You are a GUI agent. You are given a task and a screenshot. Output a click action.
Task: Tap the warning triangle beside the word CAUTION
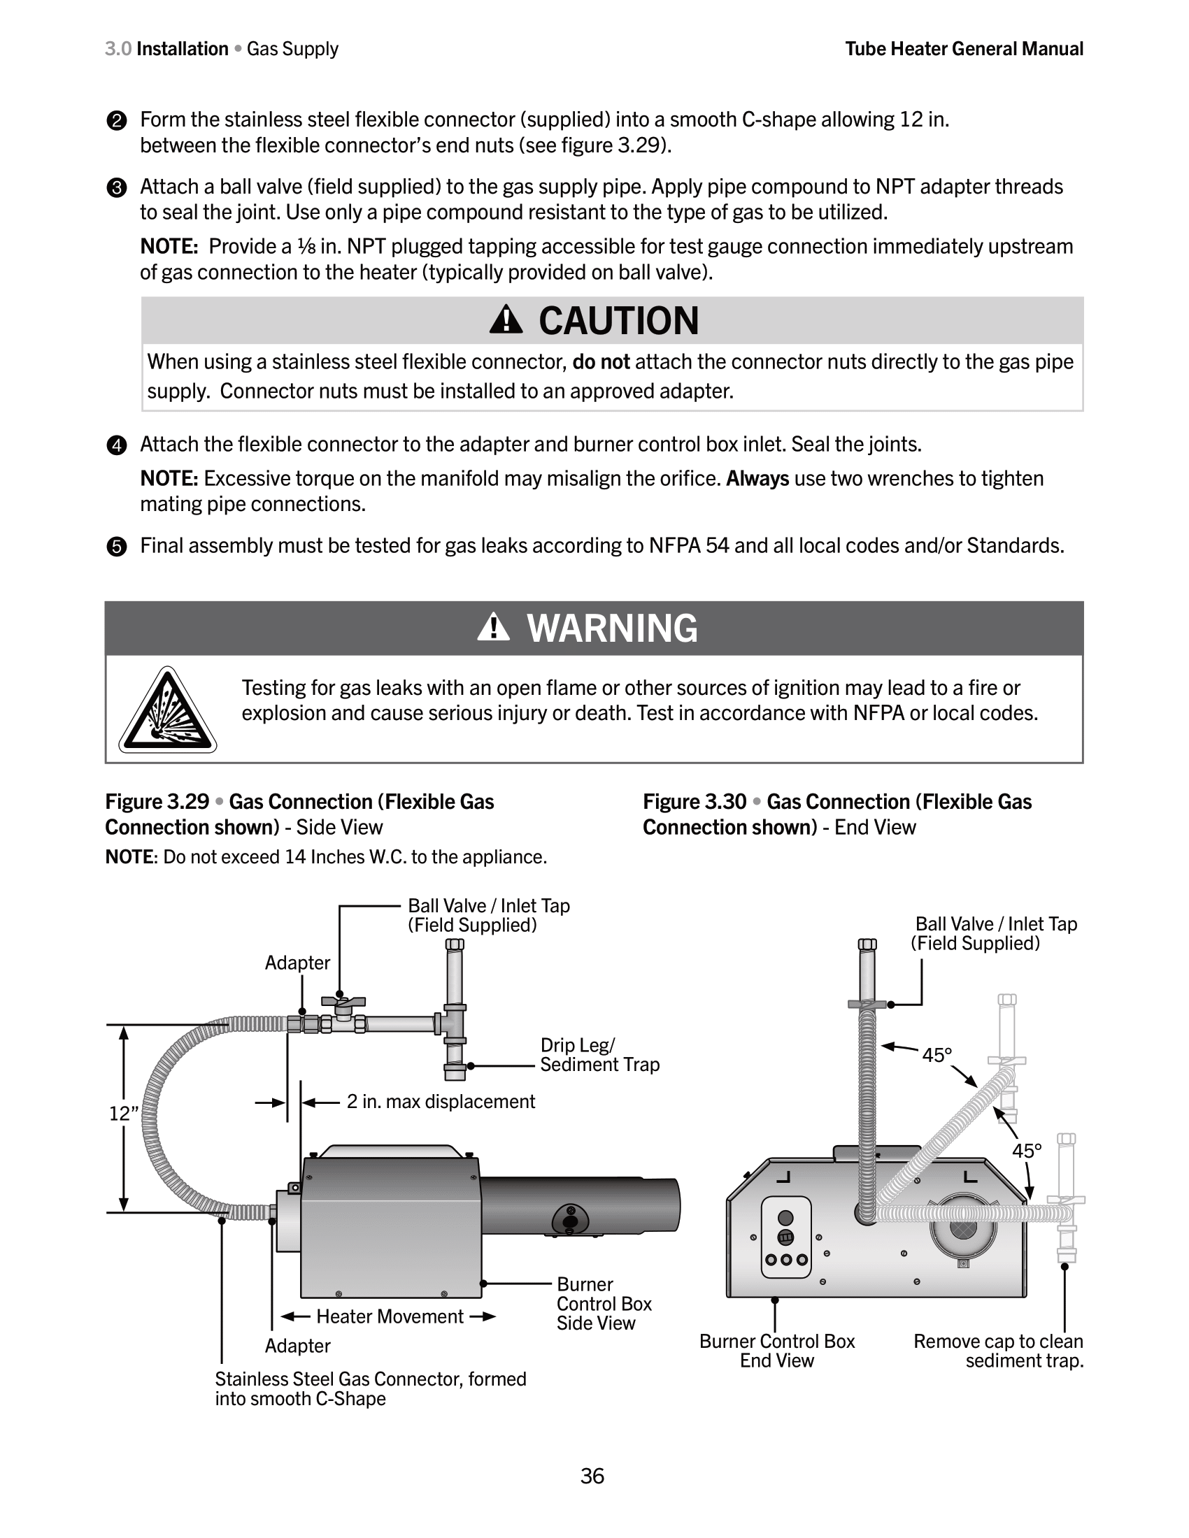(x=506, y=320)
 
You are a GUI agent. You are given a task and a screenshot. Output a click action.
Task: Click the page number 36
(x=592, y=1475)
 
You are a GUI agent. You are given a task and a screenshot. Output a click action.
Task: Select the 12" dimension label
(x=124, y=1114)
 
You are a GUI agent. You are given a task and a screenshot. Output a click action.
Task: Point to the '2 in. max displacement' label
(x=440, y=1101)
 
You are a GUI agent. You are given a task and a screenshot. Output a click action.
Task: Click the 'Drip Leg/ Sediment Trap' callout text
(x=599, y=1054)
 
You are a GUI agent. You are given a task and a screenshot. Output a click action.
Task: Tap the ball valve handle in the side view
(x=343, y=1002)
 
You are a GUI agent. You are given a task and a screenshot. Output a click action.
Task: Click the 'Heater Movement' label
(x=390, y=1316)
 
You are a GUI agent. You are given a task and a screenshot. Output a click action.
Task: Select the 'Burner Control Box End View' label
(x=777, y=1351)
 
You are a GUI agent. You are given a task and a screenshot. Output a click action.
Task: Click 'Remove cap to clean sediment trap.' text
(x=998, y=1351)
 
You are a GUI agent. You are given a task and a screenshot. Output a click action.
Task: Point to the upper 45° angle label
(x=937, y=1055)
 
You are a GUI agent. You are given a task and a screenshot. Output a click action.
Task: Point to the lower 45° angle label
(x=1027, y=1151)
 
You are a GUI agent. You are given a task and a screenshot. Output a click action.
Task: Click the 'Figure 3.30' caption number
(x=695, y=801)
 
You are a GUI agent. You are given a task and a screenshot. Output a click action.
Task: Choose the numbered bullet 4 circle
(x=116, y=446)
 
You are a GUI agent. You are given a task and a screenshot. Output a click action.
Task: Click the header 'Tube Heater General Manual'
(x=964, y=49)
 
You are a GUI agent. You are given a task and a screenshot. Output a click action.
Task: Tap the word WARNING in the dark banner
(x=612, y=628)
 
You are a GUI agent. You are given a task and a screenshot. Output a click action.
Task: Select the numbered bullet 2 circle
(x=116, y=121)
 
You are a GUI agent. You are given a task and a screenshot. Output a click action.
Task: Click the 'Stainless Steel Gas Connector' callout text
(x=371, y=1388)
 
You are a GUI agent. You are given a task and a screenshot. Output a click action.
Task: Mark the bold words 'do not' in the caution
(x=601, y=362)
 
